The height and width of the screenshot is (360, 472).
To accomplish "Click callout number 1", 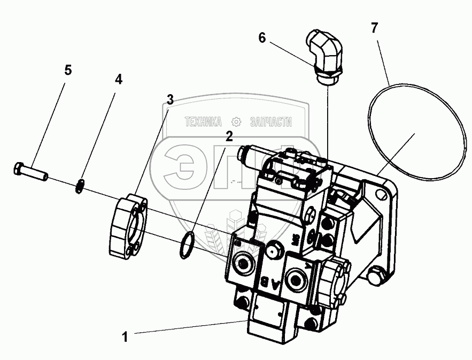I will click(125, 337).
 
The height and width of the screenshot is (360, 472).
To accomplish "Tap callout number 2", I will click(229, 136).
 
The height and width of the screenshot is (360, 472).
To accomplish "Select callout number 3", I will click(169, 99).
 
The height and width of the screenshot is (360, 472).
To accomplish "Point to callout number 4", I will click(118, 80).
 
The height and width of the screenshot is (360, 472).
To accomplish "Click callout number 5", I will click(68, 71).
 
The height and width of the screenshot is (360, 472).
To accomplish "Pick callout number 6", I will click(262, 37).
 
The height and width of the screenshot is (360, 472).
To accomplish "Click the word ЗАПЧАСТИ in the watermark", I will click(270, 122).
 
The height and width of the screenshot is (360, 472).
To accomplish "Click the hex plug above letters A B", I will click(276, 248).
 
